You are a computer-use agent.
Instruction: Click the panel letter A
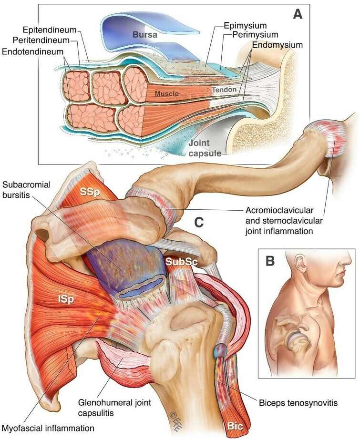(x=298, y=14)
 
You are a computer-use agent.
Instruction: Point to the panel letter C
(x=199, y=222)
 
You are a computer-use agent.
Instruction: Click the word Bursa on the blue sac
(x=145, y=34)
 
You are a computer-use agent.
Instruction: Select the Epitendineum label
(x=50, y=30)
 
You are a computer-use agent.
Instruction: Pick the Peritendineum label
(x=41, y=40)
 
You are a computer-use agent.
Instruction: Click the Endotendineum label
(x=32, y=51)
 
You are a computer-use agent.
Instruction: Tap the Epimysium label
(x=245, y=26)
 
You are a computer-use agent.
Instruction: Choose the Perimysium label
(x=255, y=34)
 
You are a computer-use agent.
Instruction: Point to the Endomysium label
(x=277, y=45)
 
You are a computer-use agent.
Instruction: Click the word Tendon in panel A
(x=224, y=90)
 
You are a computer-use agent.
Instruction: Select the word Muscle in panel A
(x=167, y=93)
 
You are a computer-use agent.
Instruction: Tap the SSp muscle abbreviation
(x=90, y=193)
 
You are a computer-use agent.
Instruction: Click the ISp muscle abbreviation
(x=66, y=299)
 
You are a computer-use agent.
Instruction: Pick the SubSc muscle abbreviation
(x=182, y=262)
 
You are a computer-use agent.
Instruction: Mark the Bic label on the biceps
(x=235, y=426)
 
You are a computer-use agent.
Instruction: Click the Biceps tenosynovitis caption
(x=298, y=403)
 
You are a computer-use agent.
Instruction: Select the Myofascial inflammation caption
(x=48, y=428)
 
